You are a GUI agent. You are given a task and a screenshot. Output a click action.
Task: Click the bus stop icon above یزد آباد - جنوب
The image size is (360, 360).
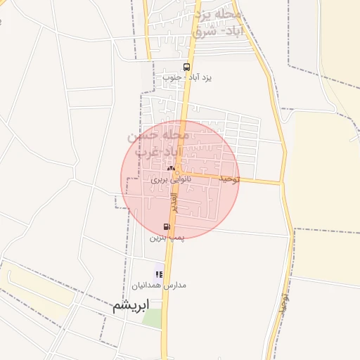tap(186, 67)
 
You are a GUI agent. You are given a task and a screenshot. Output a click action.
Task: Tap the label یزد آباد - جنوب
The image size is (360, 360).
tap(187, 77)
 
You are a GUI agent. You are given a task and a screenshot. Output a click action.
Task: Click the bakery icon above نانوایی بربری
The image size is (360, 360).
tap(170, 169)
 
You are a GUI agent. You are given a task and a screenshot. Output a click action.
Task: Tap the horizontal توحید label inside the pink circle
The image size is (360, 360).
tap(229, 180)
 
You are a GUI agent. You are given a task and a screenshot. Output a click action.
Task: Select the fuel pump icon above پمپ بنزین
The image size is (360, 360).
tap(167, 226)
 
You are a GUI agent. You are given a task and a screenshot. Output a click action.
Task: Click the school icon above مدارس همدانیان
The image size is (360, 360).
tap(159, 274)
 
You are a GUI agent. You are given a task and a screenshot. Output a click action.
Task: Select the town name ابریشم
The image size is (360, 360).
tap(131, 306)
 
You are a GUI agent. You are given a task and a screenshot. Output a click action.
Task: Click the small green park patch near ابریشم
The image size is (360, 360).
tap(151, 318)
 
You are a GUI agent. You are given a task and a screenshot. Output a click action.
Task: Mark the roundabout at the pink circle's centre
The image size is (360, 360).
tap(179, 174)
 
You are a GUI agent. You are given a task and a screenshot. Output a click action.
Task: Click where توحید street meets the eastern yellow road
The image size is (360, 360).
tap(281, 183)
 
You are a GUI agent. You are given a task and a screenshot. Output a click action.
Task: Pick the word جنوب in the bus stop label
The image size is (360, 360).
tap(172, 77)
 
